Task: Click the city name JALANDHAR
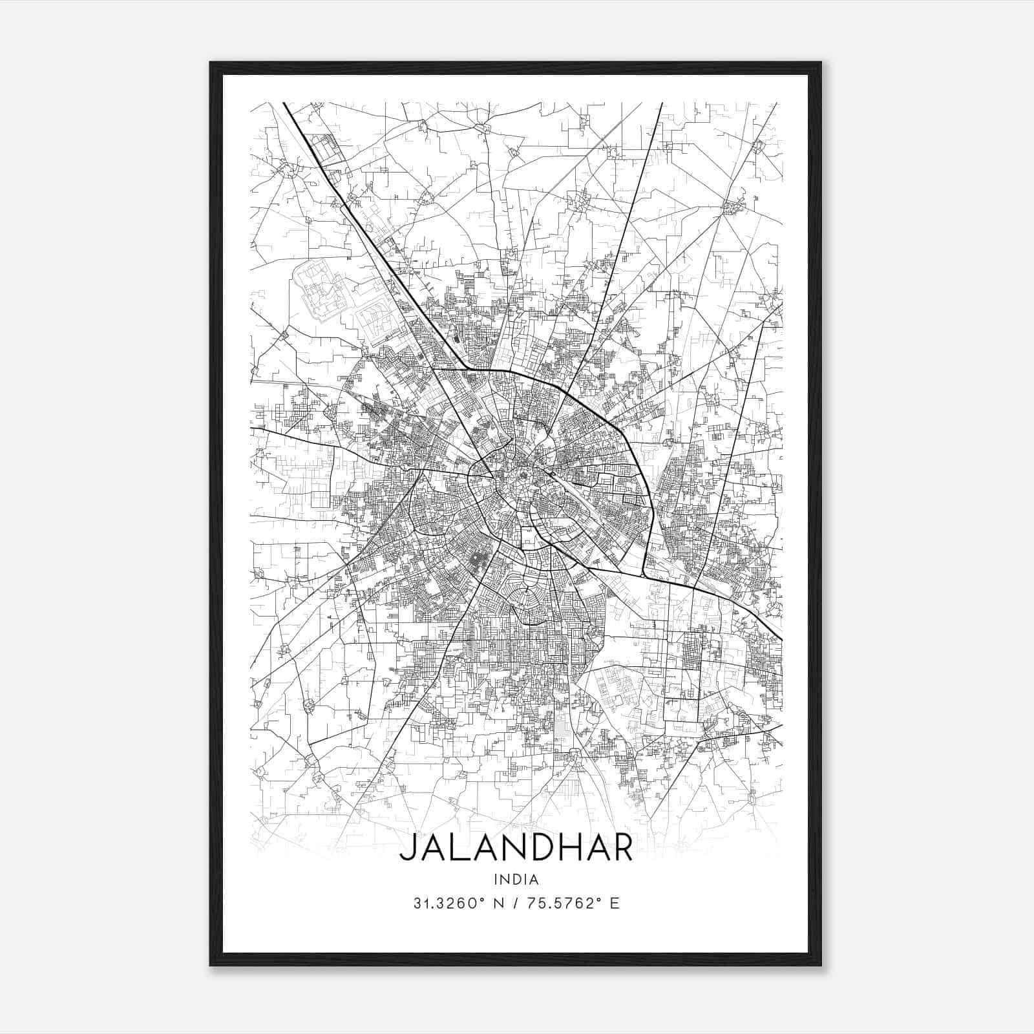tap(516, 849)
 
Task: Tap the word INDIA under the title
tap(516, 879)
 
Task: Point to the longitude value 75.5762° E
tap(569, 903)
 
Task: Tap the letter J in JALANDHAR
tap(407, 849)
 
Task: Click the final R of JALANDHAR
tap(622, 849)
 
